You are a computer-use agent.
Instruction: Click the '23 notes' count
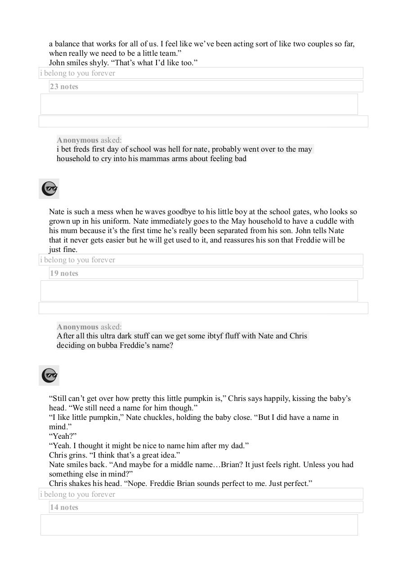(x=64, y=86)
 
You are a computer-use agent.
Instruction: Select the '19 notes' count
(x=64, y=273)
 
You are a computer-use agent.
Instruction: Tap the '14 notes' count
(x=64, y=507)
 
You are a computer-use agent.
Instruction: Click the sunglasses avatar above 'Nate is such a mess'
(x=49, y=189)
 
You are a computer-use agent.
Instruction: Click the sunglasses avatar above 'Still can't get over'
(x=49, y=375)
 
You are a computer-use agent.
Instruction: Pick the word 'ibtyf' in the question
(x=216, y=336)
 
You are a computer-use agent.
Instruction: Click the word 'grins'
(x=77, y=455)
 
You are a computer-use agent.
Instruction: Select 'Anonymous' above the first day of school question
(x=77, y=140)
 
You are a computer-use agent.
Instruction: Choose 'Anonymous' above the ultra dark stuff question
(x=77, y=327)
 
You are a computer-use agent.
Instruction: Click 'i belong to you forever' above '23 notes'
(x=78, y=73)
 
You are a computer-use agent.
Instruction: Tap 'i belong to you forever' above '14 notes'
(x=78, y=494)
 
